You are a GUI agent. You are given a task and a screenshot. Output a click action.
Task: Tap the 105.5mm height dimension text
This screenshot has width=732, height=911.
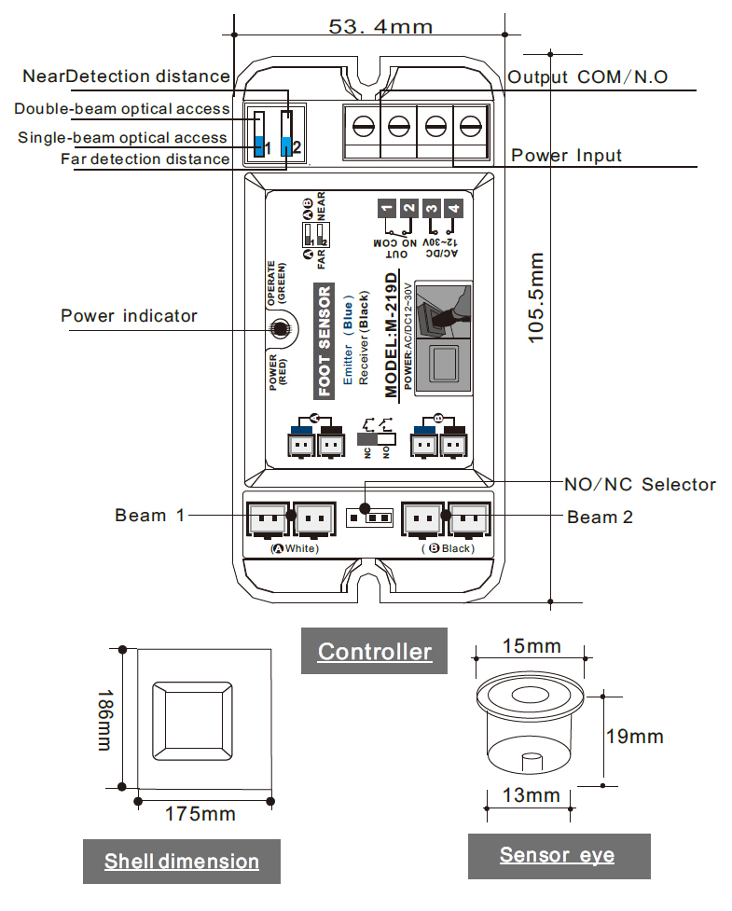click(537, 297)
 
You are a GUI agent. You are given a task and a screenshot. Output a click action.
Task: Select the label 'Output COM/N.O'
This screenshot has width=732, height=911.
click(587, 77)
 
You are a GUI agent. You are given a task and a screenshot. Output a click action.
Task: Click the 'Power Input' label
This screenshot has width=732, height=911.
click(566, 155)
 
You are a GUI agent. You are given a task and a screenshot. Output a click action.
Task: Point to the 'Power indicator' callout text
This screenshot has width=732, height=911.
click(129, 316)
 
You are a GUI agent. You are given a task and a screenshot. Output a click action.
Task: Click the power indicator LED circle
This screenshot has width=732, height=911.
click(277, 328)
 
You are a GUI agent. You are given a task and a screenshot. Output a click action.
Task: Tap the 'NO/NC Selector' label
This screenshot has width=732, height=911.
click(640, 484)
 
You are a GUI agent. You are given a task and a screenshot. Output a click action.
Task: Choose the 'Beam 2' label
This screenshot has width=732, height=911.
click(600, 517)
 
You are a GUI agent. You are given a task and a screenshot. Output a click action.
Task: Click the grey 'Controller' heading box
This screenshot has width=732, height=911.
click(374, 651)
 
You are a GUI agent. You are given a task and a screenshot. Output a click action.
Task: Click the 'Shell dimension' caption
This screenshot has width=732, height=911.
click(181, 861)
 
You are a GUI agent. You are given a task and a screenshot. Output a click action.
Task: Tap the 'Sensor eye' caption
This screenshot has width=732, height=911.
click(557, 855)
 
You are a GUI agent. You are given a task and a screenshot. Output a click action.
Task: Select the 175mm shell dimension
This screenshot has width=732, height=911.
click(200, 814)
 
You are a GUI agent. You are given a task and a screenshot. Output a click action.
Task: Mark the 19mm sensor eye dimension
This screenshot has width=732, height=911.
click(634, 737)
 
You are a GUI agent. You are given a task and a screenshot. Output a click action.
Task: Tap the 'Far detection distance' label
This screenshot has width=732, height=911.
click(145, 159)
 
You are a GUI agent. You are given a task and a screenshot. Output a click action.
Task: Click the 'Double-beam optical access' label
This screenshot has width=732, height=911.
click(121, 109)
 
